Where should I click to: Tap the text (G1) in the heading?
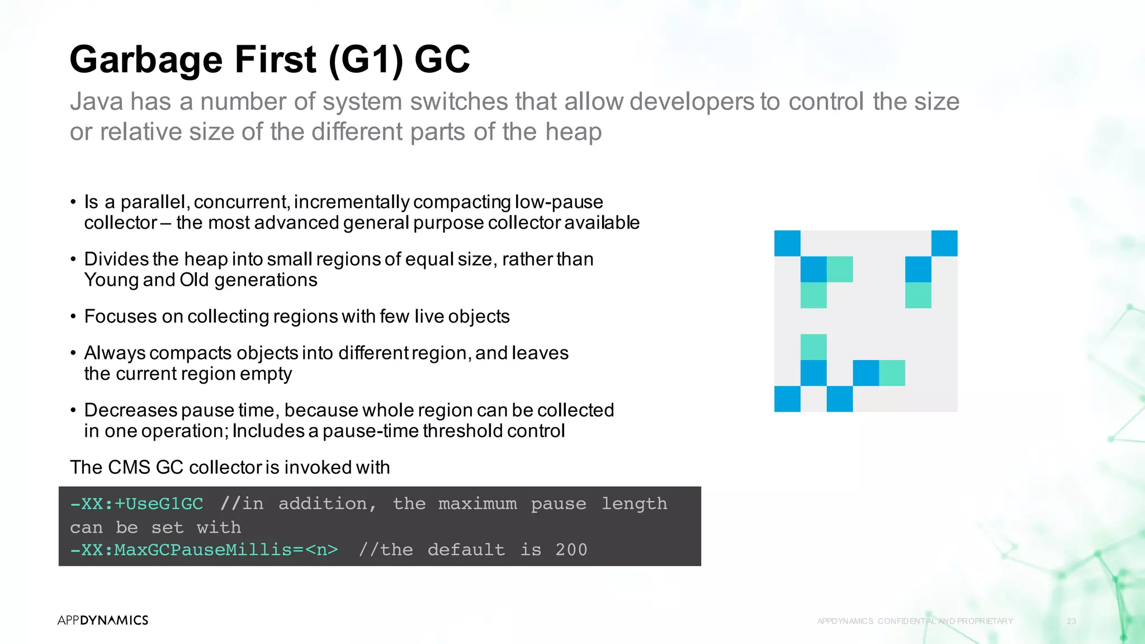[366, 60]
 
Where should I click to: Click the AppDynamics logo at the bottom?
[103, 620]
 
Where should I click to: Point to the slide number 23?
[1071, 621]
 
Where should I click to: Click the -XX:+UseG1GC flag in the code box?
[136, 504]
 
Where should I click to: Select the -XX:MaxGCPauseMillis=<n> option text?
[204, 550]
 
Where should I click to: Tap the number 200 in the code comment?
[571, 550]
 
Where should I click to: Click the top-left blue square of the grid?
[787, 243]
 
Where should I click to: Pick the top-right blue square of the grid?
[944, 243]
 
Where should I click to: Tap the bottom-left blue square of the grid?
[787, 399]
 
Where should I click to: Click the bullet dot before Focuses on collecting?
[73, 316]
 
